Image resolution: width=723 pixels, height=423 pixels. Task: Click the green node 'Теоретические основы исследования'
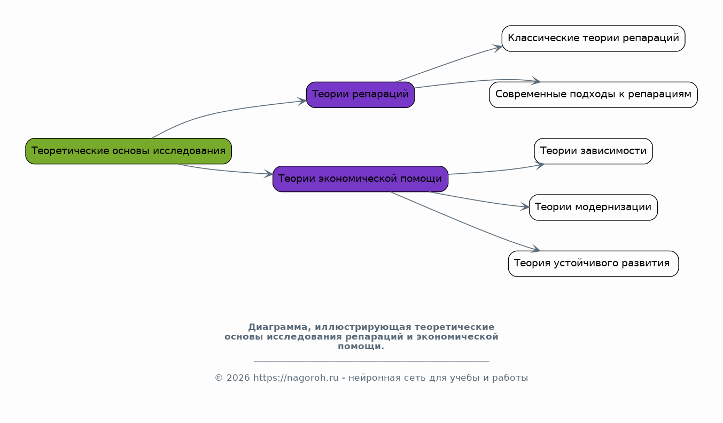pyautogui.click(x=128, y=151)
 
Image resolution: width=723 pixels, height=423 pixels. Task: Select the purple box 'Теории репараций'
pyautogui.click(x=360, y=95)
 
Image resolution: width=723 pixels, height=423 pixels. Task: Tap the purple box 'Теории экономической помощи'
pyautogui.click(x=360, y=179)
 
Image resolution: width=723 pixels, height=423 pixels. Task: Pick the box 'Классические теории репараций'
pyautogui.click(x=593, y=39)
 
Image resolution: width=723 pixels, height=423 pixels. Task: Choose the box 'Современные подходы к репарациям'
pyautogui.click(x=593, y=95)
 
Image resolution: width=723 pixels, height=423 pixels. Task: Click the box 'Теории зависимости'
pyautogui.click(x=593, y=151)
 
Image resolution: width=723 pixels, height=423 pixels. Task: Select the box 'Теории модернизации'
pyautogui.click(x=593, y=207)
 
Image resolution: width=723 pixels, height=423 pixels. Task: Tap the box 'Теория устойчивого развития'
pyautogui.click(x=593, y=264)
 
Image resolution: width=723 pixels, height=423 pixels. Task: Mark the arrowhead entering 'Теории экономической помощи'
pyautogui.click(x=269, y=174)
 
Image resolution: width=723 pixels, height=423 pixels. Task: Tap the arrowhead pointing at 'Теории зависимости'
pyautogui.click(x=540, y=165)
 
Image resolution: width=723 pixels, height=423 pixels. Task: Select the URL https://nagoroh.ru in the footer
pyautogui.click(x=296, y=378)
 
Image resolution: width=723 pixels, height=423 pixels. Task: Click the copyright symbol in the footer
pyautogui.click(x=219, y=378)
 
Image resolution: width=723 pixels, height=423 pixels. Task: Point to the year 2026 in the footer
pyautogui.click(x=238, y=378)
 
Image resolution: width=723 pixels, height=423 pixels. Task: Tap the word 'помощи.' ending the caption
pyautogui.click(x=361, y=347)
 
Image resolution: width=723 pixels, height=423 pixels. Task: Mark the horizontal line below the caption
pyautogui.click(x=371, y=360)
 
